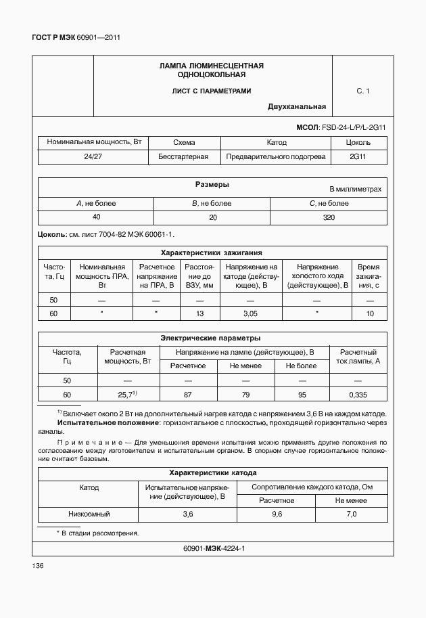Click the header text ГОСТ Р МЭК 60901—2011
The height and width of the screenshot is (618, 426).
click(76, 38)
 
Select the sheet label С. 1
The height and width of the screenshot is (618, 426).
click(363, 90)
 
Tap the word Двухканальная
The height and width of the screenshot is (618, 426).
click(297, 106)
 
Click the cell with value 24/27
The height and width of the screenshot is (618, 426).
click(93, 156)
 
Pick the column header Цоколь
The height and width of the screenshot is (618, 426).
click(358, 143)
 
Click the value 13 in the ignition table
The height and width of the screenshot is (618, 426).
click(199, 313)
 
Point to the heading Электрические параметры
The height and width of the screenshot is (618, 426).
click(210, 338)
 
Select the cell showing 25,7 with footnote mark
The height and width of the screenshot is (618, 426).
click(126, 395)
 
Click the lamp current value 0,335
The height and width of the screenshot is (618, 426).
click(358, 395)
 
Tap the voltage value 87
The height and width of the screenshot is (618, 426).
click(187, 395)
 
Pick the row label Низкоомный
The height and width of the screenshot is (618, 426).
click(89, 514)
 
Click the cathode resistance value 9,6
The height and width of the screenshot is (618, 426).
click(277, 514)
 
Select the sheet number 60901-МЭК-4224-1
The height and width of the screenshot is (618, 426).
click(214, 548)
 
